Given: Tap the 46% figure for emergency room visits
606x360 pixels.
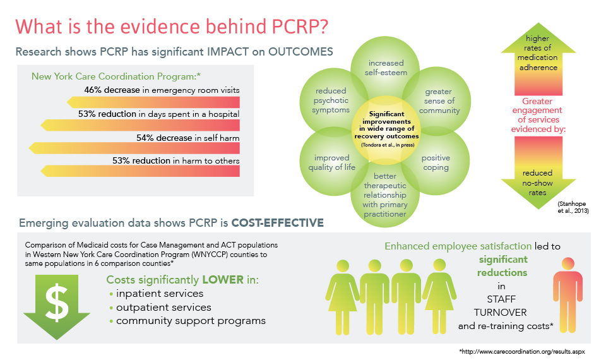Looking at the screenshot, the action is click(93, 90).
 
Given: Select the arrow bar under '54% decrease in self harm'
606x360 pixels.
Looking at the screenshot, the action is click(134, 148).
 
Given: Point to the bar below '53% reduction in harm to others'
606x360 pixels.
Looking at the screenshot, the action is click(140, 171).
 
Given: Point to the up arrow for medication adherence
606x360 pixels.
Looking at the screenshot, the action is click(538, 64).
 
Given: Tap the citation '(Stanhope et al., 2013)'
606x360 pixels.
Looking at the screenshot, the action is click(573, 207).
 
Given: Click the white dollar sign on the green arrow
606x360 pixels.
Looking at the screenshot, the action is click(57, 303).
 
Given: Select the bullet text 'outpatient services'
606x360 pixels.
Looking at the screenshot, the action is click(164, 308).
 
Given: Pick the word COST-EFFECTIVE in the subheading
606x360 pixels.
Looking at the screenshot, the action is click(278, 223).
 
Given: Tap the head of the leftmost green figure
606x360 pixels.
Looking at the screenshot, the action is click(343, 266).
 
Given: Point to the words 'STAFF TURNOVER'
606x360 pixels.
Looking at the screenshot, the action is click(501, 306).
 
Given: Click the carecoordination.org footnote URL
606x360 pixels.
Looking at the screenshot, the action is click(522, 352).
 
